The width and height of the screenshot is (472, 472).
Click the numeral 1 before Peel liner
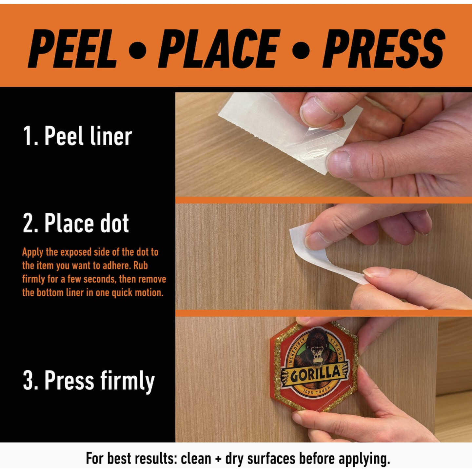coord(28,136)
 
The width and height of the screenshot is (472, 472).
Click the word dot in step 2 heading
coord(115,223)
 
